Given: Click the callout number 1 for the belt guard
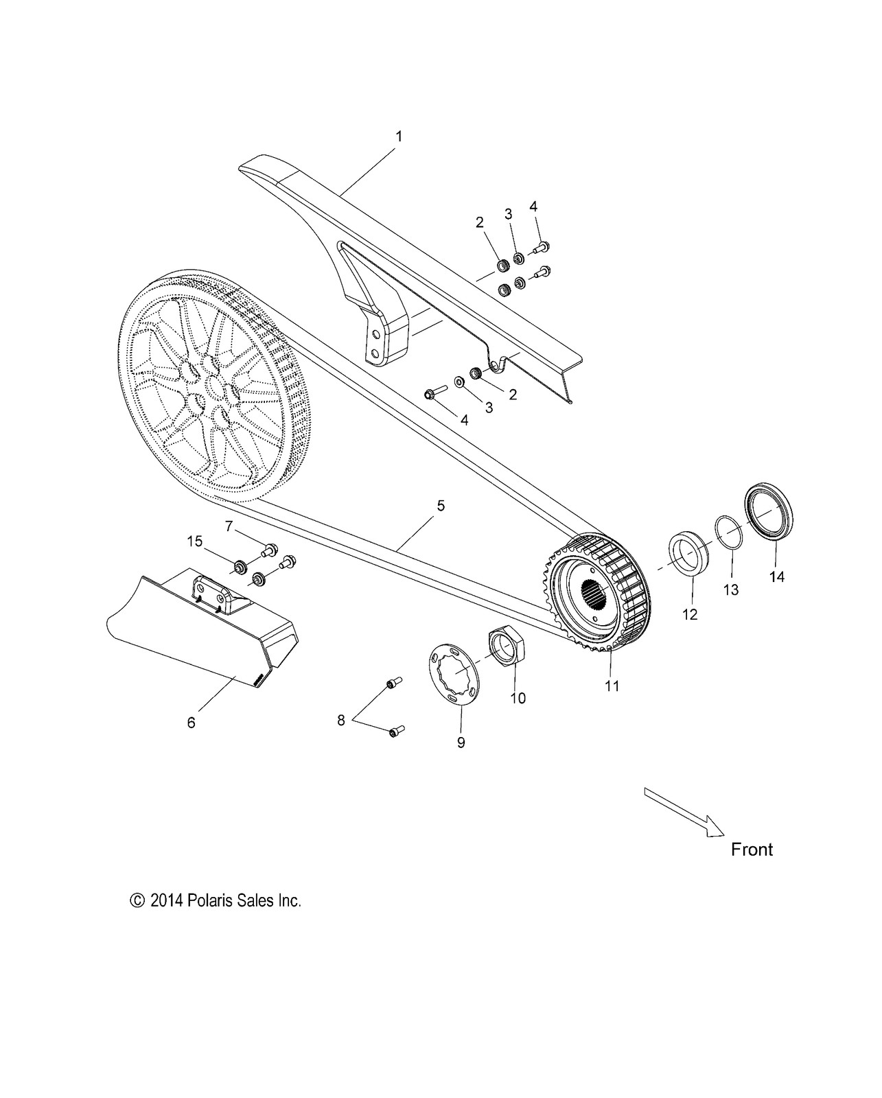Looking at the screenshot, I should (x=399, y=137).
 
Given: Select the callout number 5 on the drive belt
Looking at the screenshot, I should (x=441, y=506).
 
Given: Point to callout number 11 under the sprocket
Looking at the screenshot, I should (x=612, y=686).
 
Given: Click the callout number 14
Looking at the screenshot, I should (x=776, y=577).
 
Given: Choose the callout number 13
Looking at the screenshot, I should (x=731, y=589).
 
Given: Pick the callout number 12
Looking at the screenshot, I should (x=690, y=614).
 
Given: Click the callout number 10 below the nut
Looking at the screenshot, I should (x=518, y=698).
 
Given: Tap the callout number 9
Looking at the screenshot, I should (x=461, y=742).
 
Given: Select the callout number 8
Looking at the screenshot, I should (x=340, y=721).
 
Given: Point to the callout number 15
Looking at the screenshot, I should (x=196, y=541).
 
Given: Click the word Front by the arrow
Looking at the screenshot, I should (x=752, y=850).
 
